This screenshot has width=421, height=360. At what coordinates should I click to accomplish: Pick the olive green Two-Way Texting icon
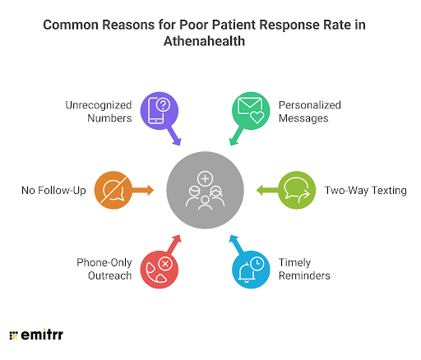click(297, 190)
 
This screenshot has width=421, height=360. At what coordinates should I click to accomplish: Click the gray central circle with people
click(205, 190)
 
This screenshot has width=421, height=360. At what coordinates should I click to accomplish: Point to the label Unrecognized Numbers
click(99, 112)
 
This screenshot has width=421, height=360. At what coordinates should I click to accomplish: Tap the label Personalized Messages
click(309, 112)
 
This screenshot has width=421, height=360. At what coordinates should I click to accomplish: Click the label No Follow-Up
click(53, 191)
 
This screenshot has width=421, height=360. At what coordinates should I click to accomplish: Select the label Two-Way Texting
click(365, 191)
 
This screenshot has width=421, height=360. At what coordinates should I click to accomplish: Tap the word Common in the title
click(72, 25)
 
